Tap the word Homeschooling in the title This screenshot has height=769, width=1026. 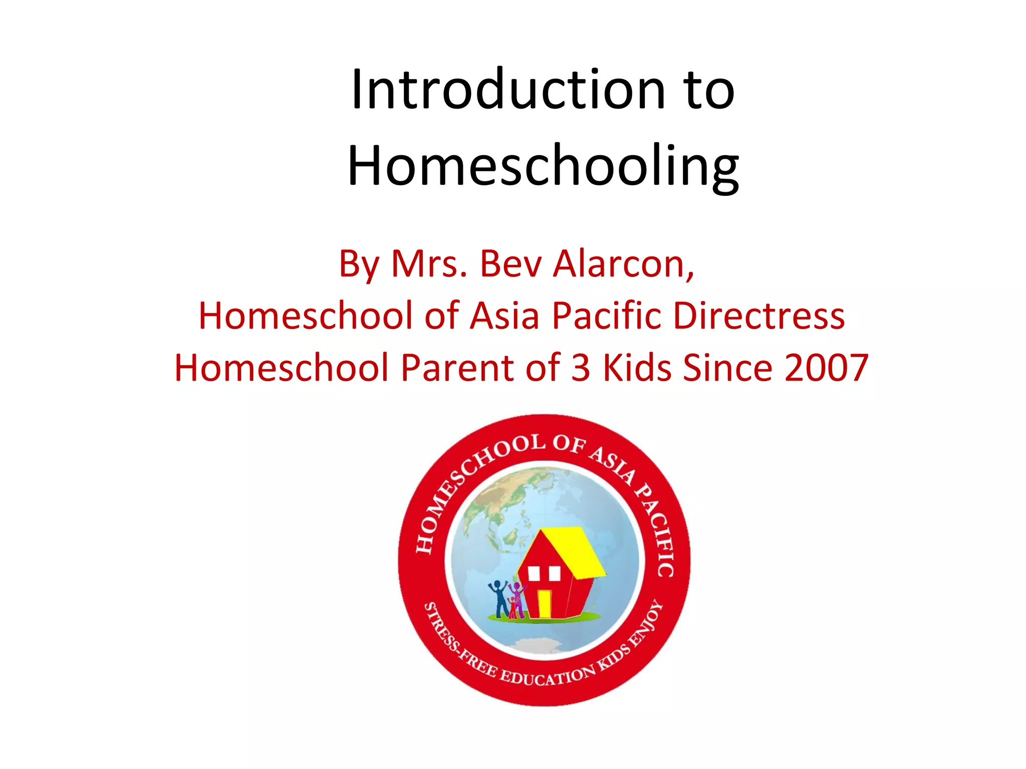click(x=543, y=166)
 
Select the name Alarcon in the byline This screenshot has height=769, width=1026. click(x=623, y=264)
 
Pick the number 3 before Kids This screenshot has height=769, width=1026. click(x=581, y=368)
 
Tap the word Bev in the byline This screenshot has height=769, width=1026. click(x=510, y=264)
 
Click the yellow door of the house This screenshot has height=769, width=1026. click(x=544, y=603)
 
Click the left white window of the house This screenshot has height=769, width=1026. click(x=534, y=573)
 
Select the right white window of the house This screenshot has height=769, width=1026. click(x=554, y=573)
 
